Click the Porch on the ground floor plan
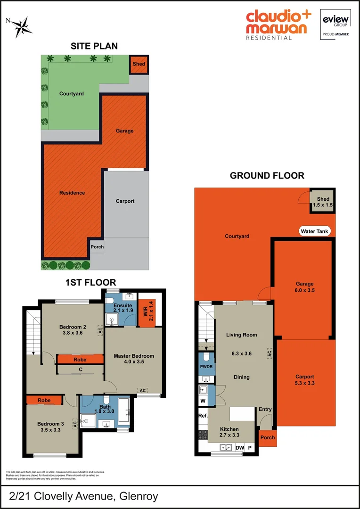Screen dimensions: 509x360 [268, 437]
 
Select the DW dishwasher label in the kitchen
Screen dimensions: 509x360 [239, 448]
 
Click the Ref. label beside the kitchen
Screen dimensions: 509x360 [203, 416]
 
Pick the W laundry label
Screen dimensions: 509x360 [203, 402]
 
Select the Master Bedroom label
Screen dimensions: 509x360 [134, 359]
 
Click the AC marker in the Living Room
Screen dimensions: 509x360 [270, 353]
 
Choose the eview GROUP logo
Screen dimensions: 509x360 [335, 24]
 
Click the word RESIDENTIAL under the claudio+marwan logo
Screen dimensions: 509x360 [269, 38]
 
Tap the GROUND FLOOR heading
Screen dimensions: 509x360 [267, 176]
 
